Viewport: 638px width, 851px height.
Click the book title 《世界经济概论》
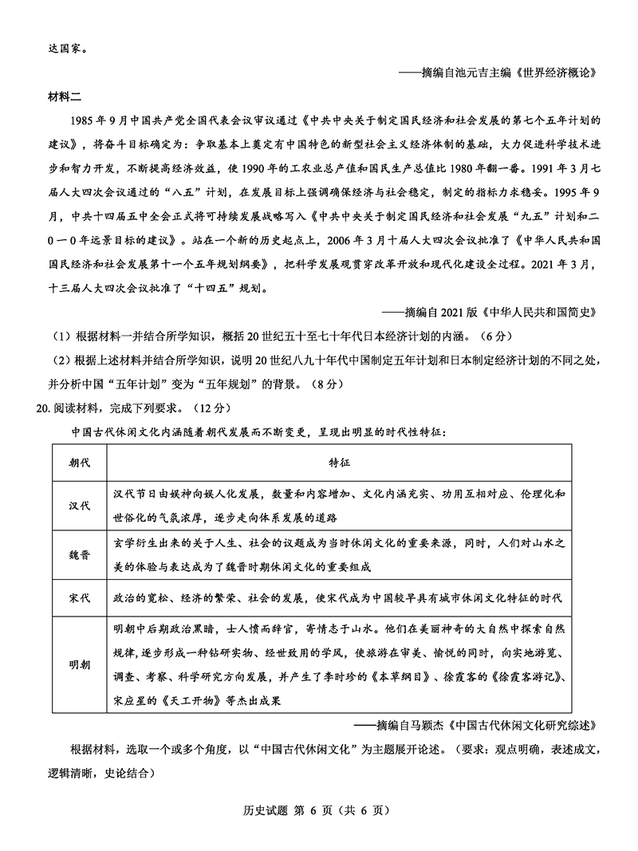553,73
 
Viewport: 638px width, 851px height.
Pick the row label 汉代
79,505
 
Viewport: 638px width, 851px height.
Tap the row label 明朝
79,664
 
